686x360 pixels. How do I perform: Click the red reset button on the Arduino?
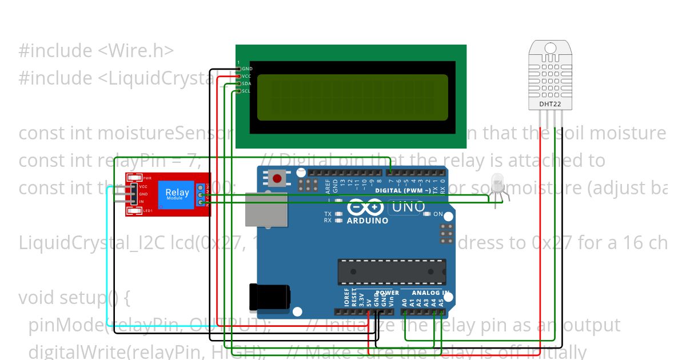coord(278,178)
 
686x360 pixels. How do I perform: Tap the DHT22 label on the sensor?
coord(550,105)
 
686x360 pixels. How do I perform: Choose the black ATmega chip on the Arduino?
coord(392,271)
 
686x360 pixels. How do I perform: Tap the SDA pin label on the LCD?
coord(246,83)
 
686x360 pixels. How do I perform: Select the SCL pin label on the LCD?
coord(246,91)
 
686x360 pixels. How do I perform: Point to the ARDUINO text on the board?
coord(368,221)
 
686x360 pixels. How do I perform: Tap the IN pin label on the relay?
coord(141,202)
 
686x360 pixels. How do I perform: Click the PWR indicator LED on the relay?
coord(135,178)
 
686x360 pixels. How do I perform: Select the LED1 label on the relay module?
coord(147,212)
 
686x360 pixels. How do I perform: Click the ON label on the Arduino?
coord(438,214)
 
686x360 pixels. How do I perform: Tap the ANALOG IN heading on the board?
coord(432,293)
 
